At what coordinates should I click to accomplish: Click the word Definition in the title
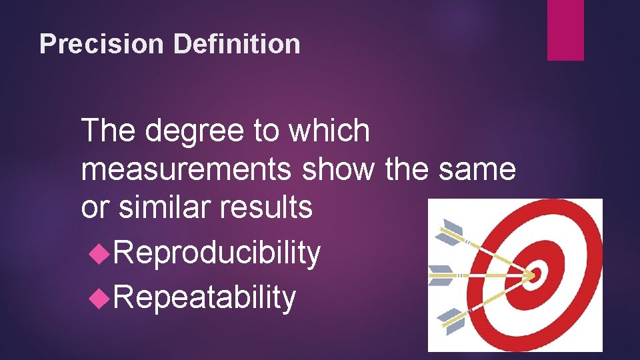click(x=237, y=45)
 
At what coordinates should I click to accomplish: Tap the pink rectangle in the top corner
click(x=565, y=30)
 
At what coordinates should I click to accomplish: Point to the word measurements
click(x=186, y=169)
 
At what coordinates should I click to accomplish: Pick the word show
click(x=339, y=169)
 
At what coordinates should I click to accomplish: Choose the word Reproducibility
click(x=215, y=253)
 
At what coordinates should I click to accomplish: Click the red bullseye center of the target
click(x=537, y=275)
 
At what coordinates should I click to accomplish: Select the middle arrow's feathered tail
click(x=441, y=273)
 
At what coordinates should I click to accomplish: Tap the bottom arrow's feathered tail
click(x=452, y=319)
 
